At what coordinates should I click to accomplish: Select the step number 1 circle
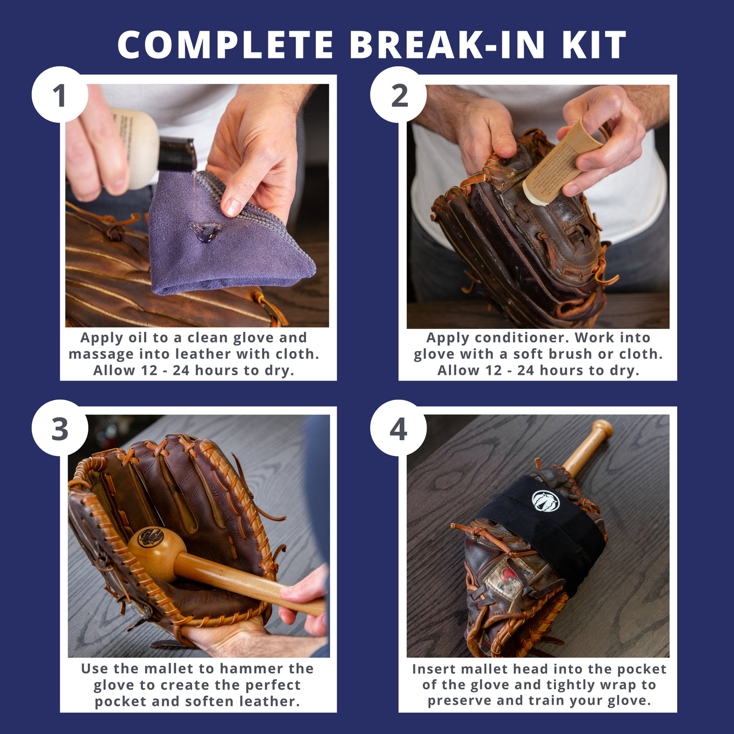[60, 95]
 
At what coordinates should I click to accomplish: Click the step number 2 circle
[399, 95]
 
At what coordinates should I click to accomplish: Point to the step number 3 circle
[60, 429]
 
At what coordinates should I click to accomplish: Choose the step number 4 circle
[399, 429]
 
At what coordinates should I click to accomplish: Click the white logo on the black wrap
[546, 501]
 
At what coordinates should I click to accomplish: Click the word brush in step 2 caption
[573, 354]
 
